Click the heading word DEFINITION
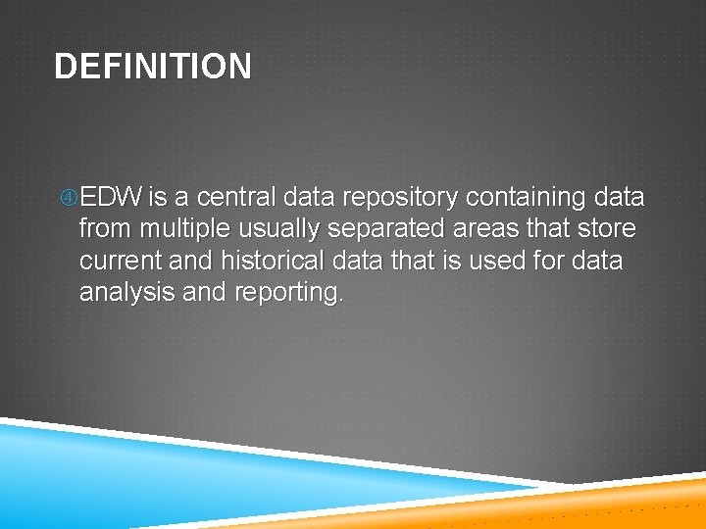[153, 67]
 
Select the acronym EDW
[111, 198]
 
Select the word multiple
[185, 229]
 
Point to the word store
[608, 229]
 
